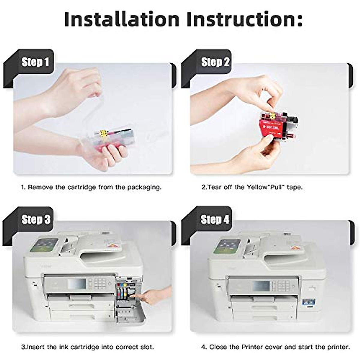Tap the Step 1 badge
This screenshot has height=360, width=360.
click(x=35, y=62)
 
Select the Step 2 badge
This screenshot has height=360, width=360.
click(x=215, y=62)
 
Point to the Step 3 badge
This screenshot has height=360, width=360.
click(x=36, y=220)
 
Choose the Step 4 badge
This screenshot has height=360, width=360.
click(x=215, y=220)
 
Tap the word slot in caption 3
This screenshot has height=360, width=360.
click(x=146, y=347)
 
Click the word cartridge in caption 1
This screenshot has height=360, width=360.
click(x=82, y=187)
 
